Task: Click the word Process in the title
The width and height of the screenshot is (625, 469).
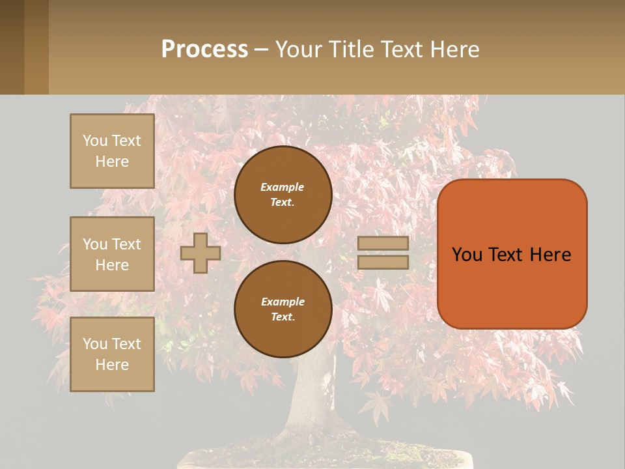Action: coord(204,50)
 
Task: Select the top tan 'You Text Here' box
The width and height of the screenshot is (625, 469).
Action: coord(112,151)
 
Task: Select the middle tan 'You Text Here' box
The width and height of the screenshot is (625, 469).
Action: coord(112,254)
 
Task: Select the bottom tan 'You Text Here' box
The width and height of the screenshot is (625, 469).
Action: coord(112,354)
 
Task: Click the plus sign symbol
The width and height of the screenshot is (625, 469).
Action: coord(201,253)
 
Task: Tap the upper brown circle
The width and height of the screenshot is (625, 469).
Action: coord(283,195)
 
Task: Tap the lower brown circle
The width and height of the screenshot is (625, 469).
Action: coord(283,309)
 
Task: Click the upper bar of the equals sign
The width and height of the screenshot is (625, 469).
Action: coord(383,243)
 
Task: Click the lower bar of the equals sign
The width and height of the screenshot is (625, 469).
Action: coord(383,262)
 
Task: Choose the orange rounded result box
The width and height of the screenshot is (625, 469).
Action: coord(512,287)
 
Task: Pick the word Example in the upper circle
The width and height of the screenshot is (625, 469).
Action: coord(282,187)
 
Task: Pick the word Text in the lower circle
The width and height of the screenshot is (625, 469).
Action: coord(282,317)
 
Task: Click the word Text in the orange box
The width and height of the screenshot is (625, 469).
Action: coord(506,255)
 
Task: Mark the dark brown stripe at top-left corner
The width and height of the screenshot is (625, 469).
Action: coord(12,47)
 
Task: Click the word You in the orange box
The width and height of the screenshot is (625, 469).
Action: coord(467,255)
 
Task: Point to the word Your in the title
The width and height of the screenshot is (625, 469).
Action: coord(299,50)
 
